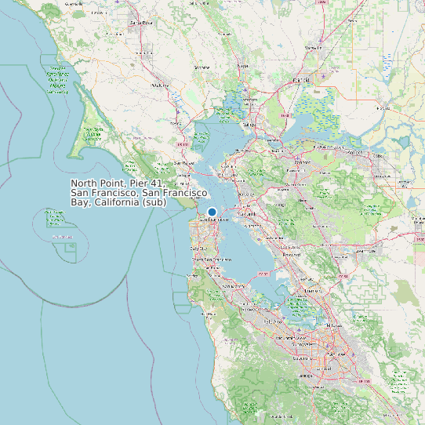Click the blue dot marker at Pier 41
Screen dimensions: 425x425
point(212,212)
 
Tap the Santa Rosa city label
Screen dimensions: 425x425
point(140,23)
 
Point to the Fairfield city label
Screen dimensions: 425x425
point(300,80)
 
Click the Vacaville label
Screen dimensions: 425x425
point(314,48)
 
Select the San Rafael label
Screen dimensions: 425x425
point(184,163)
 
